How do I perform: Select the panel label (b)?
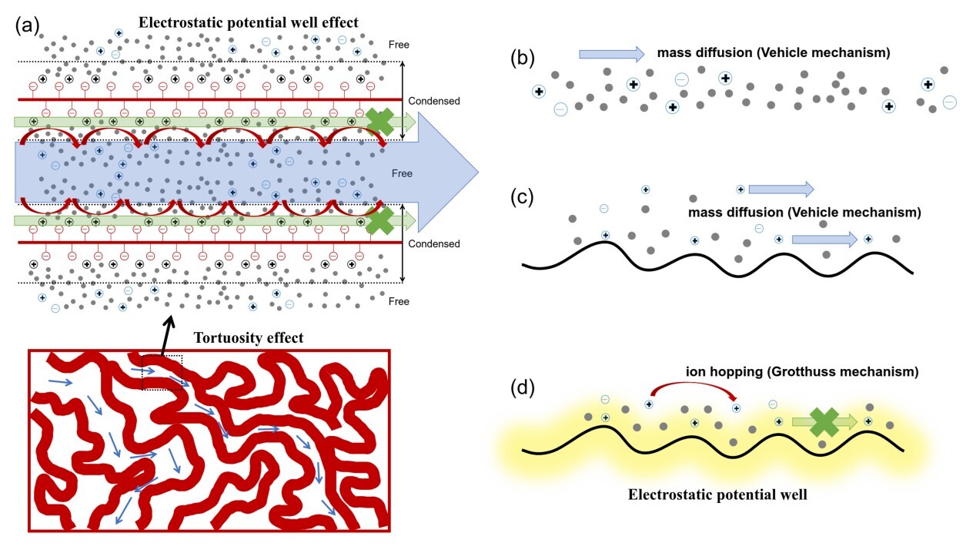pos(524,59)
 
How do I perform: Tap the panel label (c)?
pos(524,197)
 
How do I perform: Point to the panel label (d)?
pos(524,385)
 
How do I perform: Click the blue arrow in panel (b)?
pos(612,54)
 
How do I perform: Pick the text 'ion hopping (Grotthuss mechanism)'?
pos(802,371)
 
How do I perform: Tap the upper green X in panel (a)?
pos(379,122)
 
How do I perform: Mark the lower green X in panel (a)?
pos(379,220)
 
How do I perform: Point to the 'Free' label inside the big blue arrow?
pos(402,173)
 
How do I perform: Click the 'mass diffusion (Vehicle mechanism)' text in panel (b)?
pos(774,53)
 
